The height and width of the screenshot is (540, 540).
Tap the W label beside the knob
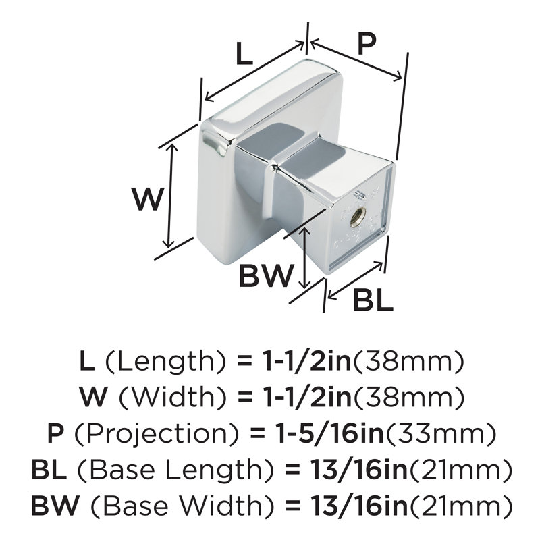click(147, 199)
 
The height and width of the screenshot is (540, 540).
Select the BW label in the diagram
click(266, 275)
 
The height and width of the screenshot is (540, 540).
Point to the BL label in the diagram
click(374, 300)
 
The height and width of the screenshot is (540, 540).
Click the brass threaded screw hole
click(355, 220)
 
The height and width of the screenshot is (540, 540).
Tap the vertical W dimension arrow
click(171, 196)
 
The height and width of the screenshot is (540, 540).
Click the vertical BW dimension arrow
click(303, 257)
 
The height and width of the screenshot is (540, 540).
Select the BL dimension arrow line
click(355, 280)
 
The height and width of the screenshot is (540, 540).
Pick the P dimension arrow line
click(356, 60)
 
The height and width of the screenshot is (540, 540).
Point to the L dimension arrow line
click(254, 72)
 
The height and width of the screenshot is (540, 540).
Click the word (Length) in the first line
click(165, 361)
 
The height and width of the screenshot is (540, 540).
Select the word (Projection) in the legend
click(157, 433)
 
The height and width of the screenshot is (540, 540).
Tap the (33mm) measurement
click(441, 433)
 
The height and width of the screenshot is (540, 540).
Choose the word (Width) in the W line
click(172, 397)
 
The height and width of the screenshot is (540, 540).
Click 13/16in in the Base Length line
click(358, 469)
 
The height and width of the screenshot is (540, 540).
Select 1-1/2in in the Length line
click(305, 361)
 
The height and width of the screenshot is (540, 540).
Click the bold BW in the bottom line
click(55, 506)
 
